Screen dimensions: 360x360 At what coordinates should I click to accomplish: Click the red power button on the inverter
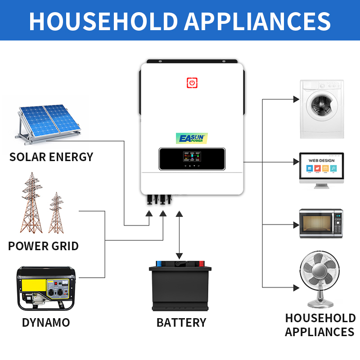[192, 83]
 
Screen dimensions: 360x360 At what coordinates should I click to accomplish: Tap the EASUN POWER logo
[191, 138]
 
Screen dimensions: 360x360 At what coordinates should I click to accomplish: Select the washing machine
[322, 109]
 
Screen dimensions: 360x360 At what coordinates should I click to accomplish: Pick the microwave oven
[322, 223]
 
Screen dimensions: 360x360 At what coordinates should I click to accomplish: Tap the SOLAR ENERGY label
[51, 157]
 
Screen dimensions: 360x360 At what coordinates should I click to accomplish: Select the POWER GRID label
[43, 246]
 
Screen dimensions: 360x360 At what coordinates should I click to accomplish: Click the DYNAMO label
[46, 323]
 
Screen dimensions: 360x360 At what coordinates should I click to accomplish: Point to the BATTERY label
[181, 323]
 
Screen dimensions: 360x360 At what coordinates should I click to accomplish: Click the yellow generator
[46, 288]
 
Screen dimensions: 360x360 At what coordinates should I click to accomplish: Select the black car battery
[180, 286]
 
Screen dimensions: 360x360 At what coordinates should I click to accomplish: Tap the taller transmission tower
[32, 202]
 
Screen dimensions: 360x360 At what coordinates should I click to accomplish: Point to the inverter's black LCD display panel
[192, 159]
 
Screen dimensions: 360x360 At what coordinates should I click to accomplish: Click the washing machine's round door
[321, 108]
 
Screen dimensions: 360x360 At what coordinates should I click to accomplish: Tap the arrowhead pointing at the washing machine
[296, 99]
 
